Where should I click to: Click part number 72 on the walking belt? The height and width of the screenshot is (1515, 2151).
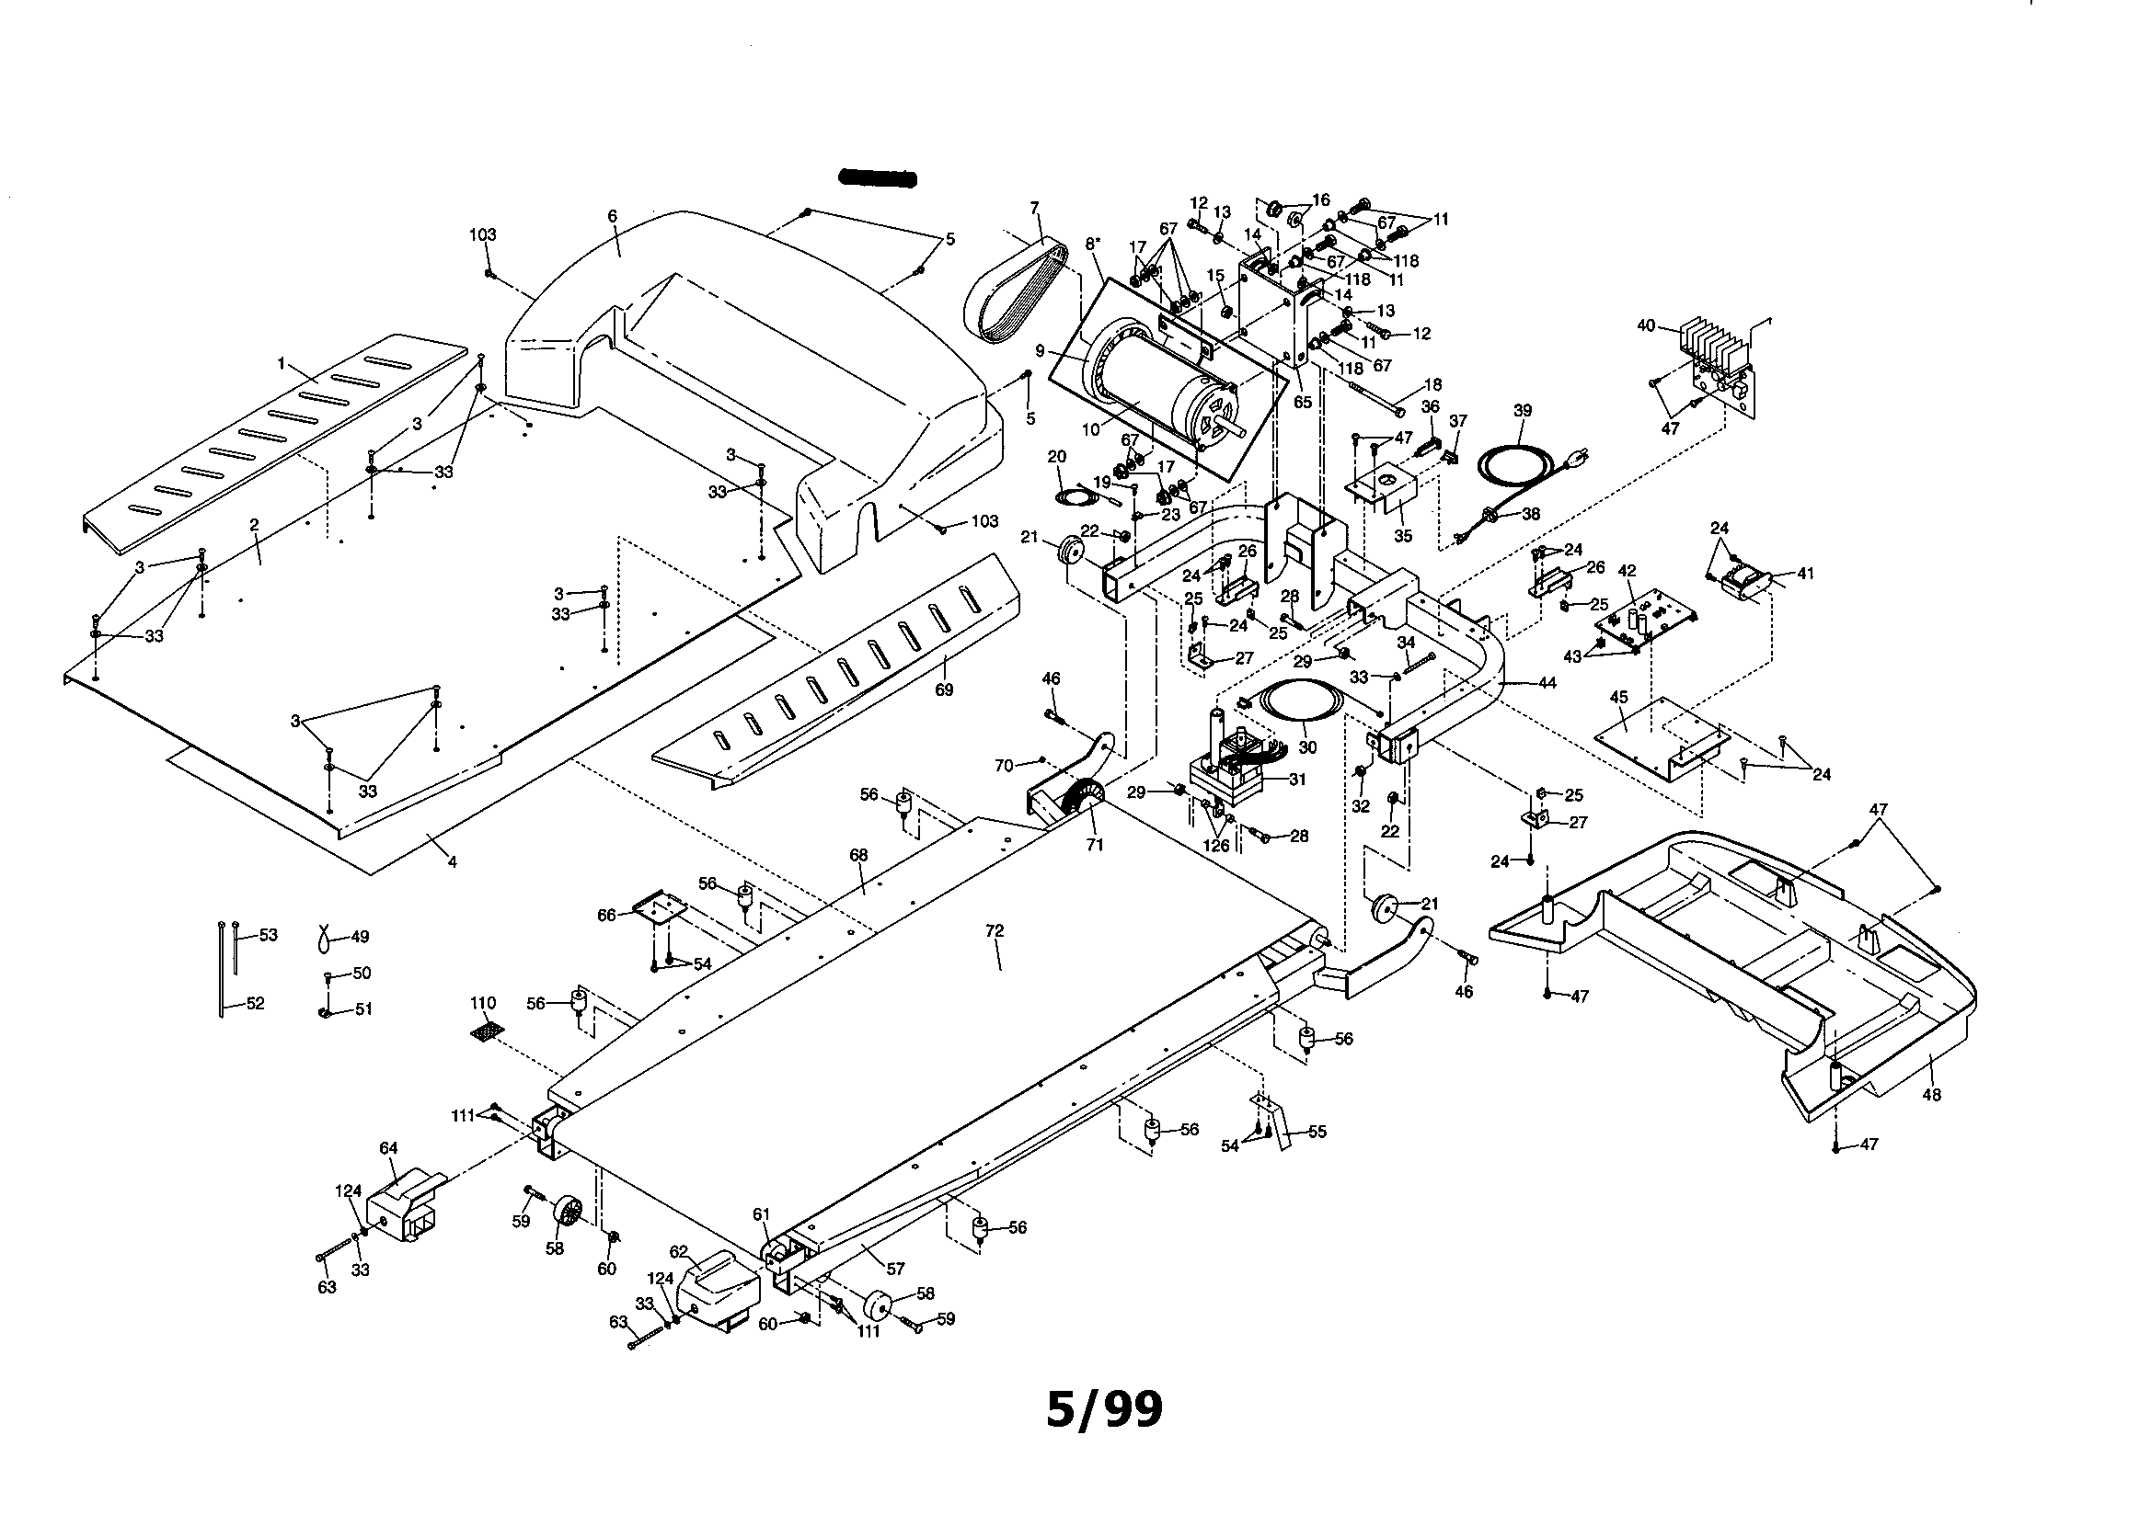click(x=994, y=930)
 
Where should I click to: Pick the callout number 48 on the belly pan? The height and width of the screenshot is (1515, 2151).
click(x=1931, y=1095)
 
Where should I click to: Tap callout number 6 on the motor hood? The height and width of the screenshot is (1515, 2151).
click(x=612, y=216)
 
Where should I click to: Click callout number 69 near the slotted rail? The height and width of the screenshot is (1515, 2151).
click(x=943, y=690)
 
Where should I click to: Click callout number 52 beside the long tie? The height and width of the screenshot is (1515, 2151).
click(x=255, y=1004)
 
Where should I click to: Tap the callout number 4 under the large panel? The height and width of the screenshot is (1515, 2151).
click(x=452, y=862)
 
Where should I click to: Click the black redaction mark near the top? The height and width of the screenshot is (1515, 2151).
click(x=877, y=178)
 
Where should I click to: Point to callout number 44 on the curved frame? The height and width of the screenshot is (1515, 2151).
click(x=1547, y=684)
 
